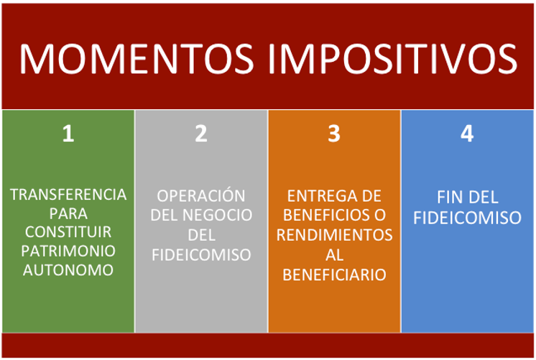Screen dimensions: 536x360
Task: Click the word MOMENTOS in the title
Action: [137, 58]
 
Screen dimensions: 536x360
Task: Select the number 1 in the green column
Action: [68, 134]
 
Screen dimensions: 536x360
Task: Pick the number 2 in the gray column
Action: [201, 134]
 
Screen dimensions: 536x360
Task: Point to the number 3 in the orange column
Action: [334, 134]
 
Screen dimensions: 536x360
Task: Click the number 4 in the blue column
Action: [467, 134]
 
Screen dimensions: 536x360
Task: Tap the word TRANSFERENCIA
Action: [68, 195]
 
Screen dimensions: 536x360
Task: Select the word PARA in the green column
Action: [68, 213]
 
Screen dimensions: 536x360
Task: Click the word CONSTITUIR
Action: [68, 232]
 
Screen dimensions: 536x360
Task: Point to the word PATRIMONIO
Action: [68, 251]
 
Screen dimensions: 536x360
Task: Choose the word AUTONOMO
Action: [68, 270]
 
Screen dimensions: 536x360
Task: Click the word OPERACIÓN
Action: [201, 195]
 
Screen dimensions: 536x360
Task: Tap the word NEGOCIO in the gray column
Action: [218, 215]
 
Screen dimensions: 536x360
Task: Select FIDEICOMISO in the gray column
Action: [201, 254]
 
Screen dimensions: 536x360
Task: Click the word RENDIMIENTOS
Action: [334, 235]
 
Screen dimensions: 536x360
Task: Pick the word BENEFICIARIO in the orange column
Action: [334, 274]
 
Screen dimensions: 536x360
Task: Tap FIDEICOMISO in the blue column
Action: [467, 218]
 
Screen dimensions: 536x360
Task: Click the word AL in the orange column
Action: [334, 254]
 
